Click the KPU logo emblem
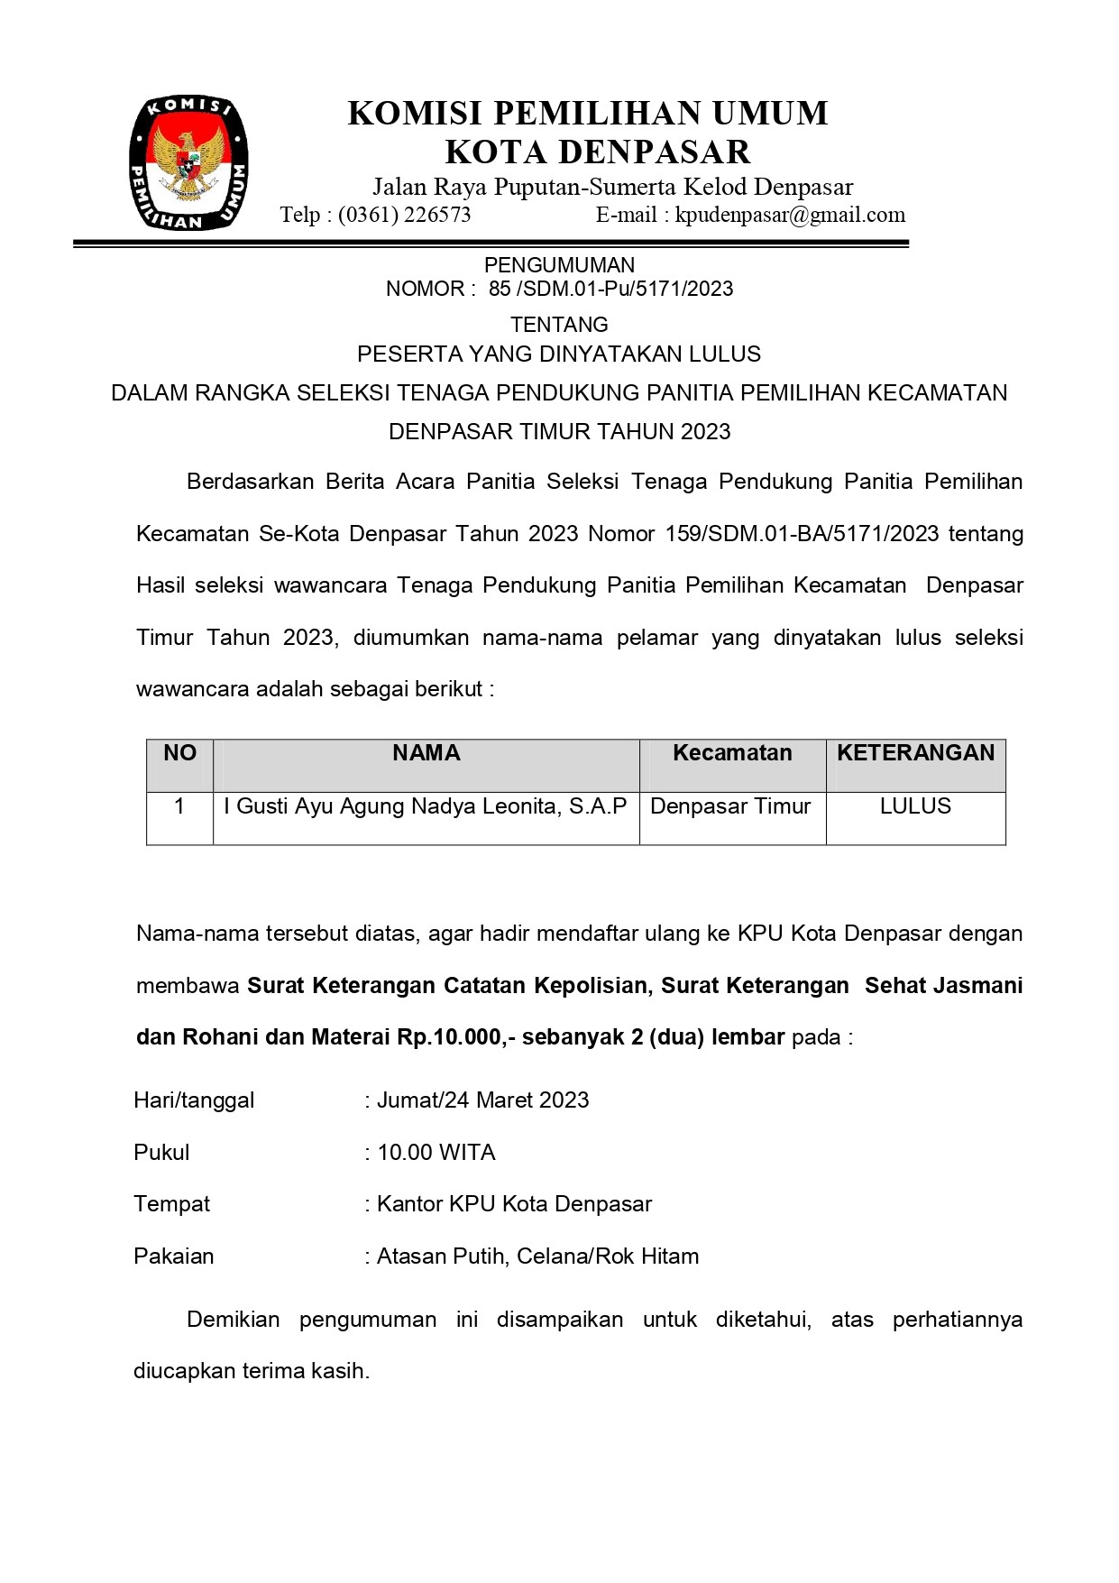188,163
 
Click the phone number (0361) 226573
404,215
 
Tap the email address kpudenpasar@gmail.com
790,215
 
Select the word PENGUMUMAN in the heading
559,265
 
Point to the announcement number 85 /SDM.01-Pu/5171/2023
610,289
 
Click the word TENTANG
559,325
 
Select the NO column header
179,753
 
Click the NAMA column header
426,753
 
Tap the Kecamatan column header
732,753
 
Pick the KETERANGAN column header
915,753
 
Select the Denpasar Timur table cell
730,806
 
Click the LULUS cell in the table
915,806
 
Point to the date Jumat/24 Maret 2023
482,1100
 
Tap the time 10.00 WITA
436,1153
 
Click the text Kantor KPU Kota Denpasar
514,1204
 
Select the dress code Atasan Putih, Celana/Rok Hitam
537,1256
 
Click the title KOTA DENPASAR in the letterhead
598,152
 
